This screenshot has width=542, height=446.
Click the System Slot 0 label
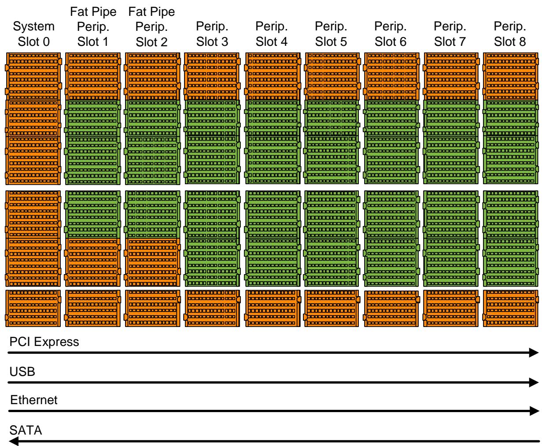tap(33, 34)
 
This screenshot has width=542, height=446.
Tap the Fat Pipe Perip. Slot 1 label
tap(93, 27)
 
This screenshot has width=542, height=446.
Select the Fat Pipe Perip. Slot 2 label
tap(151, 27)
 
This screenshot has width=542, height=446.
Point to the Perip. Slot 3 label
tap(212, 34)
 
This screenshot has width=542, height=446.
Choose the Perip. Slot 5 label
tap(331, 34)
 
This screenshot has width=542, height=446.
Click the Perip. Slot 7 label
tap(450, 34)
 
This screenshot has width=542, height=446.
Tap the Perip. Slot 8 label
tap(510, 34)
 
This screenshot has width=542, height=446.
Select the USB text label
tap(22, 372)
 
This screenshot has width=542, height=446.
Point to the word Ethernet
tap(33, 400)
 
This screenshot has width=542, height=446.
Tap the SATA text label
tap(26, 430)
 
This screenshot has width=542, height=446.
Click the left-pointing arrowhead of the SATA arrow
tap(13, 441)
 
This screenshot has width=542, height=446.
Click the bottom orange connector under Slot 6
tap(391, 308)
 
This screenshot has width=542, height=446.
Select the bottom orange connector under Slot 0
tap(33, 308)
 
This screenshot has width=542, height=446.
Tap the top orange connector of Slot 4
tap(273, 76)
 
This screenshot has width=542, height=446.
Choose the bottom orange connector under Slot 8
tap(510, 308)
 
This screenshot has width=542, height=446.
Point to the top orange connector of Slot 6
tap(391, 76)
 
